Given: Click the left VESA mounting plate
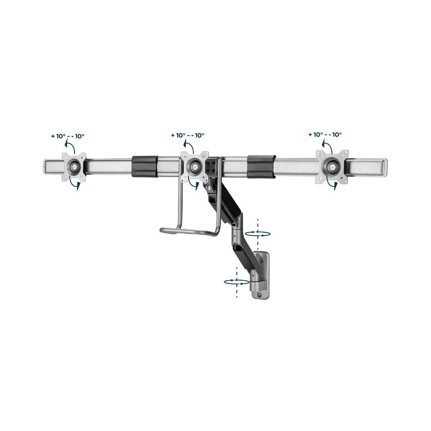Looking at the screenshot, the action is (73, 167).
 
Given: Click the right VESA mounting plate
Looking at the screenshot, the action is (332, 166).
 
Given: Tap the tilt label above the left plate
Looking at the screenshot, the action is (68, 136).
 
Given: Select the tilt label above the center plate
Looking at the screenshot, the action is (187, 135).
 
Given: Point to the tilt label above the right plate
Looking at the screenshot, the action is (325, 134).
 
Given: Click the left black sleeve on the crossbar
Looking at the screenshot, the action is (144, 166).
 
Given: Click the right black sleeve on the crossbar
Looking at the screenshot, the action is (262, 166).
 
